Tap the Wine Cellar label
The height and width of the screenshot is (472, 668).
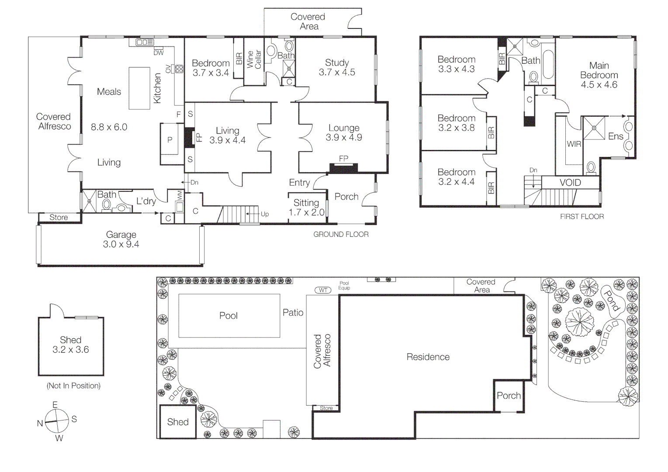click(x=254, y=59)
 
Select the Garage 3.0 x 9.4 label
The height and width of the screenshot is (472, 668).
click(x=121, y=239)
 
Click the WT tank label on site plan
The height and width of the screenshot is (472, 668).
click(x=323, y=290)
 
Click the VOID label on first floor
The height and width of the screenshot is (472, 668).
click(x=570, y=183)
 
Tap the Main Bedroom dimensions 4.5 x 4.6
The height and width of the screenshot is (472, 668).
click(x=599, y=85)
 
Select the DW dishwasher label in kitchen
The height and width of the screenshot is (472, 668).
click(x=158, y=53)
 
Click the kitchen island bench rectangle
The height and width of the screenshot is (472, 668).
click(x=139, y=88)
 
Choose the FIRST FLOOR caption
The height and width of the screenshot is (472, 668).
click(x=581, y=216)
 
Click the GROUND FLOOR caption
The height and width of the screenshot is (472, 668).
click(x=341, y=234)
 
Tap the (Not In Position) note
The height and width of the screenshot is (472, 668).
click(x=73, y=385)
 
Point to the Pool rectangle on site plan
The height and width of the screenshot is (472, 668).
click(x=229, y=316)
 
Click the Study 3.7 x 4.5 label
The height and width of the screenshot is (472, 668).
click(x=337, y=67)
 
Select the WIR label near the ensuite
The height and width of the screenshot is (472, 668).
click(x=574, y=144)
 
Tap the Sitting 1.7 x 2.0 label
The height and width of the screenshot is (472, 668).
click(x=306, y=208)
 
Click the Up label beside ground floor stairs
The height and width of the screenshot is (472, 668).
click(x=265, y=214)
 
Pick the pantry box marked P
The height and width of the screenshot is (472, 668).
click(x=170, y=140)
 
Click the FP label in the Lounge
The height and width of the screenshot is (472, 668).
click(x=343, y=159)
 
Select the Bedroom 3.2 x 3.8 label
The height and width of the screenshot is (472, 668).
click(x=457, y=123)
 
